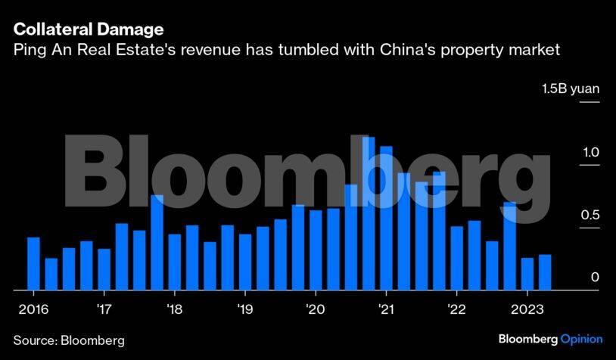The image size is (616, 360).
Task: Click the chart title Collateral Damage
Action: [88, 30]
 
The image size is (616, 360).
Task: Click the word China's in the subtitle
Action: [427, 51]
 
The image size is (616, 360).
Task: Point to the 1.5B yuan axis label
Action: [570, 89]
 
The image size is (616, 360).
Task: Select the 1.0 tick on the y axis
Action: [590, 153]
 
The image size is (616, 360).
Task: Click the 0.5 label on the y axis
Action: [590, 216]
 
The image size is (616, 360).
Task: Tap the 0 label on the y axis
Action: [595, 278]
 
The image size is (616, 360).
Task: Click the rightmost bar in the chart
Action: [545, 272]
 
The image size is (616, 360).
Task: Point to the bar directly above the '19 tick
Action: [245, 262]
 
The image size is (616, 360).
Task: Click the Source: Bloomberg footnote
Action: [68, 340]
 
